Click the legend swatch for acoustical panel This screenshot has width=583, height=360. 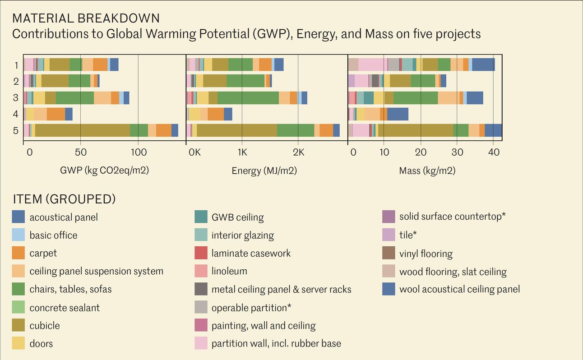point(19,217)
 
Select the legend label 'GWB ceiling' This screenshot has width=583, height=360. point(237,217)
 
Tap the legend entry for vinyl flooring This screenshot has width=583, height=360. point(426,254)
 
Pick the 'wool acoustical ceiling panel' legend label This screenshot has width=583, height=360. point(459,289)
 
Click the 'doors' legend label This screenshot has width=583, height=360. point(41,344)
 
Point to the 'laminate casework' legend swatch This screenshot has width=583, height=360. point(201,253)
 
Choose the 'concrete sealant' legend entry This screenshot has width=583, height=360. point(65,308)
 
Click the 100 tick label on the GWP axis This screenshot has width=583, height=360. point(139,152)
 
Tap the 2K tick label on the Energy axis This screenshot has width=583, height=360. point(298,152)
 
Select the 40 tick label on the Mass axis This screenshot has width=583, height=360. point(494,152)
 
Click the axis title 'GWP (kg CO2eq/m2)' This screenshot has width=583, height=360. point(104,171)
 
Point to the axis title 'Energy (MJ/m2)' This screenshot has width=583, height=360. point(264,171)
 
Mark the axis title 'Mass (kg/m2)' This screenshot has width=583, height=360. point(427,171)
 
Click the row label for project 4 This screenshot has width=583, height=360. point(16,114)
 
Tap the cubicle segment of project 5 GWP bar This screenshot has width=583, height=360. point(82,130)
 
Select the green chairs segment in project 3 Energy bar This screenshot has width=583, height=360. point(248,98)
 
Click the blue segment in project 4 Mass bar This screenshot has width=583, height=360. point(398,114)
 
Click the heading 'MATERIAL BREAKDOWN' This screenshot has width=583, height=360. point(86,18)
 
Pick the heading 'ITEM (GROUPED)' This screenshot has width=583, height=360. point(64,199)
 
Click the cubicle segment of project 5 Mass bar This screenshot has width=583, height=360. point(415,130)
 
